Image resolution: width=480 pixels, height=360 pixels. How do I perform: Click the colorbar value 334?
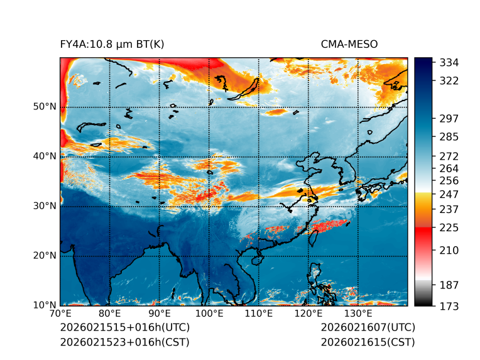pos(449,62)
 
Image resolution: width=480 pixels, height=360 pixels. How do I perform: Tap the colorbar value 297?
pos(449,118)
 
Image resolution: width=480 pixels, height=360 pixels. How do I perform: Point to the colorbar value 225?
pos(449,227)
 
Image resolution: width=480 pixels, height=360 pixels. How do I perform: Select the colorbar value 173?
pos(449,306)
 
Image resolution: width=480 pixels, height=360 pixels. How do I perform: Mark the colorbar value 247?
pos(449,194)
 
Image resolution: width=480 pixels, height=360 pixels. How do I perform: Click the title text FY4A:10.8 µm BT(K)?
pos(112,44)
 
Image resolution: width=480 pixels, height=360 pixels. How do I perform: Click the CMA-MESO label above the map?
pos(349,44)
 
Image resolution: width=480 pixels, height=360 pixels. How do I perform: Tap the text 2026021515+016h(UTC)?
pos(124,327)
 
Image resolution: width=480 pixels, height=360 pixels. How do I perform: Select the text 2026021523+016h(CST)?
pos(124,342)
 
